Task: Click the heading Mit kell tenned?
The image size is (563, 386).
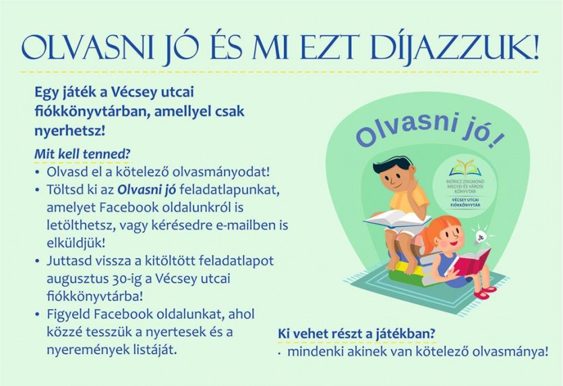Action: coord(82,154)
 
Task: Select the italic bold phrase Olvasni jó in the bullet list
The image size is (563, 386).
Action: coord(147,190)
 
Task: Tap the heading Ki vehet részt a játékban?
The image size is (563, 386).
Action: coord(357,334)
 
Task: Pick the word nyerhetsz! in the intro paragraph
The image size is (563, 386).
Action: coord(70,131)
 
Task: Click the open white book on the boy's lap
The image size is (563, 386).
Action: coord(396,219)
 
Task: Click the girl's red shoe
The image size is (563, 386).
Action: coord(485,293)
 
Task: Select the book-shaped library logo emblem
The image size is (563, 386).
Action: coord(467,168)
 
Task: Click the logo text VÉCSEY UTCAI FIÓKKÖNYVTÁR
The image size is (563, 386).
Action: coord(467,202)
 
